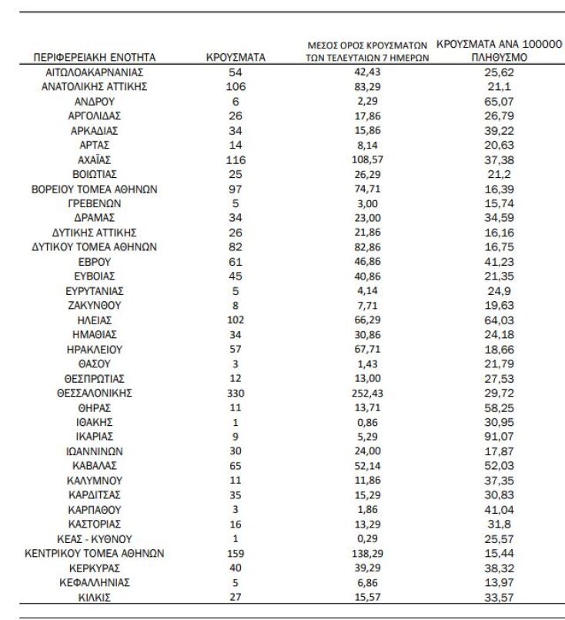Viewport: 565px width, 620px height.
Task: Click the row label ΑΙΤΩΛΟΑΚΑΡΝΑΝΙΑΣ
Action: pyautogui.click(x=95, y=72)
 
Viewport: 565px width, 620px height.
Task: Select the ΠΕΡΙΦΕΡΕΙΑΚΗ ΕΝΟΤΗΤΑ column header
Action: pyautogui.click(x=95, y=57)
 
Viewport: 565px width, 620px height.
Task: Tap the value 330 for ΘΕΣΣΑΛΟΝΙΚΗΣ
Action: pyautogui.click(x=236, y=393)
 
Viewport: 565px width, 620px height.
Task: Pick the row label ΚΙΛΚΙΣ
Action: pyautogui.click(x=95, y=597)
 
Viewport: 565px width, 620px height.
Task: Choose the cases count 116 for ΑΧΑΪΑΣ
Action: pyautogui.click(x=236, y=159)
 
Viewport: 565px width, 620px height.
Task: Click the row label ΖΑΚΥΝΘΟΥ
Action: pyautogui.click(x=95, y=306)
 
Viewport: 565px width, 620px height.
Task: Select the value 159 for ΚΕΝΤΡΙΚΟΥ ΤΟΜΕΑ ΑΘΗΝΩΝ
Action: pyautogui.click(x=236, y=553)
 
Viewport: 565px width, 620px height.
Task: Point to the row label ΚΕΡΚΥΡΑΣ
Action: pyautogui.click(x=95, y=568)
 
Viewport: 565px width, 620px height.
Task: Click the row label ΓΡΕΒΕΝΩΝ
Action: pyautogui.click(x=95, y=203)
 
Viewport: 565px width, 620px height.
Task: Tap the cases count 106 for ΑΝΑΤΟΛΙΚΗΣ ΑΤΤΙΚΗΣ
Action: pyautogui.click(x=236, y=86)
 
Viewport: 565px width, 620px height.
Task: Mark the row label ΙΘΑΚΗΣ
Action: pyautogui.click(x=95, y=422)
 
